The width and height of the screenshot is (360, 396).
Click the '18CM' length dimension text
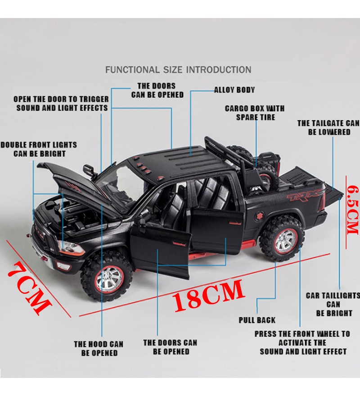(x=208, y=295)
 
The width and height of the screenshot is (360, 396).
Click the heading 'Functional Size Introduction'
(x=178, y=69)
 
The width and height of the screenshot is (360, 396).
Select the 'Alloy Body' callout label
(x=234, y=90)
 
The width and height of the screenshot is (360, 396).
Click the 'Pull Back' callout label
(x=257, y=320)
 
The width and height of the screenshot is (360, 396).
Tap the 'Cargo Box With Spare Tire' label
(x=255, y=113)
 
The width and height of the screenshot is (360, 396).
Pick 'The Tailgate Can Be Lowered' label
(x=328, y=127)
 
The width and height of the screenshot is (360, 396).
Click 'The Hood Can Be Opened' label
(x=99, y=348)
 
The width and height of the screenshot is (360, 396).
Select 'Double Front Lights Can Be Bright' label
(x=39, y=149)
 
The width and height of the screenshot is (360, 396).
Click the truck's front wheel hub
(x=109, y=280)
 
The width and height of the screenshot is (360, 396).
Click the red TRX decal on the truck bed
(x=303, y=195)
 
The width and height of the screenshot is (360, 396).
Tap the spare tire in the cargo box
(x=255, y=164)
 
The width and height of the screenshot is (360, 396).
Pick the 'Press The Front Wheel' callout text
(x=302, y=334)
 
